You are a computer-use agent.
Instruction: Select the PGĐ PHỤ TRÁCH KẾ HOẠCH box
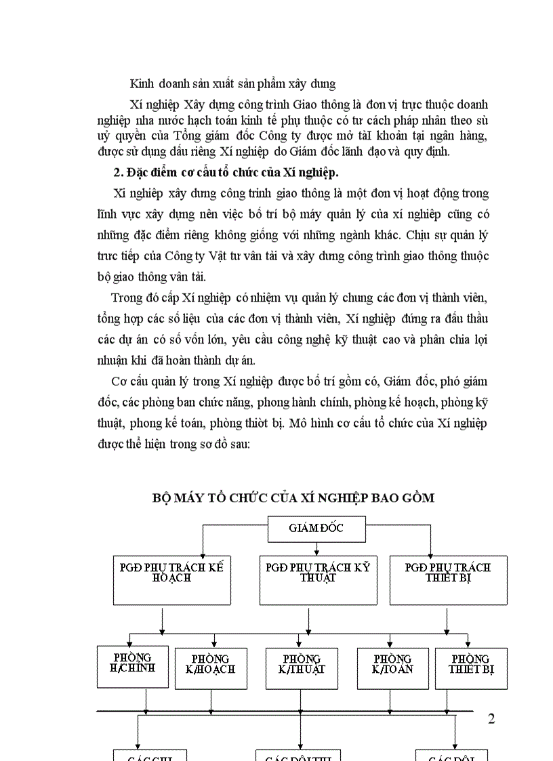[x=167, y=579]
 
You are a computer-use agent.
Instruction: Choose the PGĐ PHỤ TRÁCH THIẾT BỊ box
[x=448, y=579]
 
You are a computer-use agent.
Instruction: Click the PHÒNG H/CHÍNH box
[x=133, y=666]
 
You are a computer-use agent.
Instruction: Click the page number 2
[x=491, y=719]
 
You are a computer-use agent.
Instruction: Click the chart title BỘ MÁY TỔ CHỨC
[x=293, y=498]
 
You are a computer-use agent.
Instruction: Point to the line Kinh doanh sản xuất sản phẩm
[x=232, y=84]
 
